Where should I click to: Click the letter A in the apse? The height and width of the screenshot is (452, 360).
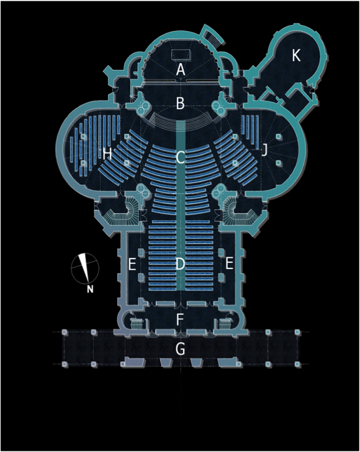181,69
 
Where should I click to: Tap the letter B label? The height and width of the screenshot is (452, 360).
180,104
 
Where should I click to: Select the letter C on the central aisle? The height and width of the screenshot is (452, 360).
180,157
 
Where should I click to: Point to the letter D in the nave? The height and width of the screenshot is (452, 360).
180,264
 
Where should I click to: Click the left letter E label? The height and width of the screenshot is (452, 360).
132,264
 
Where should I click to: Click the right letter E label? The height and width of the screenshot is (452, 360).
229,264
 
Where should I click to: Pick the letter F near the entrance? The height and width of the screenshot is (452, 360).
180,319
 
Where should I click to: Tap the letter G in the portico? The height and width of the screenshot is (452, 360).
180,349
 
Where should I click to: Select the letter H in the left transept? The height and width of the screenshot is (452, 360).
107,154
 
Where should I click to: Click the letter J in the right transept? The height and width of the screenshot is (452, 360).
264,150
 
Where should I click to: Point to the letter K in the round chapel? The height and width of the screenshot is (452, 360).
296,55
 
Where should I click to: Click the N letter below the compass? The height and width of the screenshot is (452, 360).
90,289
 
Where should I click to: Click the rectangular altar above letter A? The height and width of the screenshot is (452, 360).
181,55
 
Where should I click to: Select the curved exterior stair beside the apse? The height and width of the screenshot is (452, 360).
213,35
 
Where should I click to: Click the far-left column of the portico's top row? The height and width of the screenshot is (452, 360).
65,332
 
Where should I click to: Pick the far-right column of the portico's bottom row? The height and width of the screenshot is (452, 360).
297,365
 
